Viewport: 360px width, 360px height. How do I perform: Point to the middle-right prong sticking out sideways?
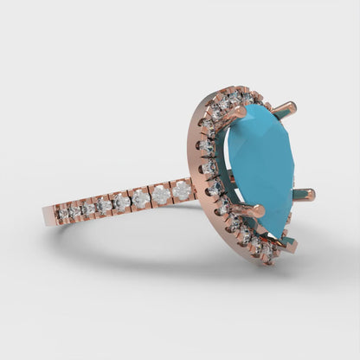[306, 195]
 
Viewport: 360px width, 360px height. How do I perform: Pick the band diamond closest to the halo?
[182, 190]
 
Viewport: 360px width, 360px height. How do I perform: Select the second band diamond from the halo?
[161, 195]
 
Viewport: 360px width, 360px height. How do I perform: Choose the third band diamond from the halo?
[141, 200]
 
